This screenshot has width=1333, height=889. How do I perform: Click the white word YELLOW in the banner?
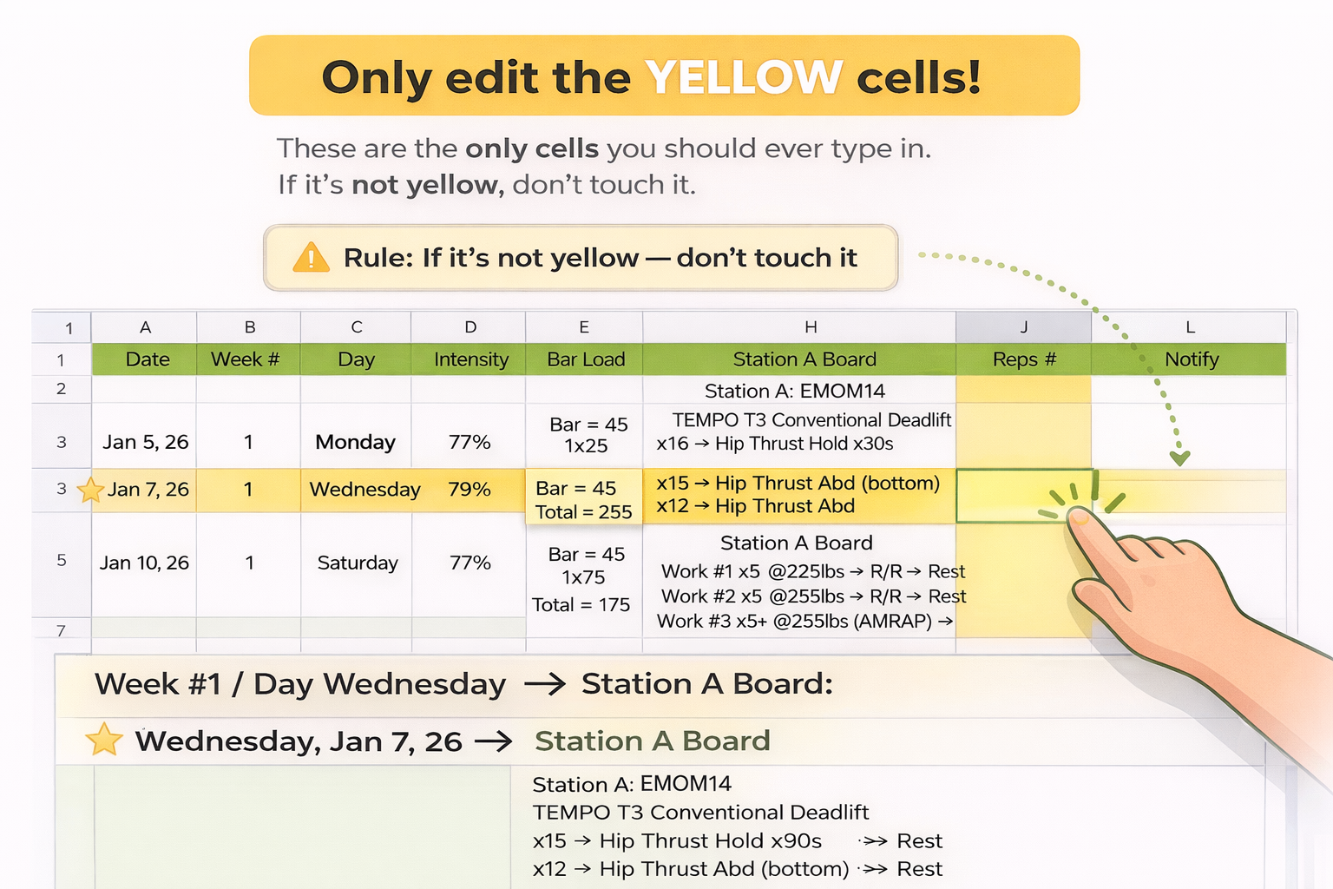coord(743,77)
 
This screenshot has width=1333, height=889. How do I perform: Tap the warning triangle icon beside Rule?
coord(311,258)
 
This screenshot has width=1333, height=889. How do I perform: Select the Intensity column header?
coord(470,359)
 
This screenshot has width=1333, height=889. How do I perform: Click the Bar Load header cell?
coord(586,359)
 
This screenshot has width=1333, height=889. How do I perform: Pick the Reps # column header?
coord(1024,359)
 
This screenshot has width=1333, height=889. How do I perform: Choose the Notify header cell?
coord(1191,359)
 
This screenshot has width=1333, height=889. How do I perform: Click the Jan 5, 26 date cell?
coord(145,442)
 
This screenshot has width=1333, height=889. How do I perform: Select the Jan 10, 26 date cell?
coord(144,563)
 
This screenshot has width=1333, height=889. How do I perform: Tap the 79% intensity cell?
coord(470,490)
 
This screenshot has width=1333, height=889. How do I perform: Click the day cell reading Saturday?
coord(358,563)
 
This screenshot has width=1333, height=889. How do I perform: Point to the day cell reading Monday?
coord(355,442)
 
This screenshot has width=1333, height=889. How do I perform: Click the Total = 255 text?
coord(583,512)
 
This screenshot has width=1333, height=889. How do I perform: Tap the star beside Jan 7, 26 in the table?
coord(90,491)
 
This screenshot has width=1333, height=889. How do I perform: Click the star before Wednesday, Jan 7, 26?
coord(104,740)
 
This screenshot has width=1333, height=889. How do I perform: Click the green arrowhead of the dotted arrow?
coord(1179,458)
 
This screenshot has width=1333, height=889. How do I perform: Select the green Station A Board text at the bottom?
coord(652,741)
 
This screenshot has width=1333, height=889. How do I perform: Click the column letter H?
coord(811,327)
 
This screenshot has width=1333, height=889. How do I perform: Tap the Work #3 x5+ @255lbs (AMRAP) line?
coord(804,621)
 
